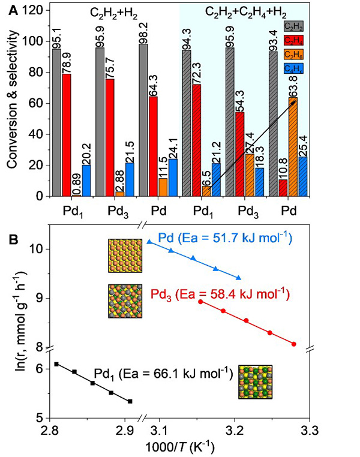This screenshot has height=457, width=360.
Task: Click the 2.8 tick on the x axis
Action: tap(50, 431)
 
